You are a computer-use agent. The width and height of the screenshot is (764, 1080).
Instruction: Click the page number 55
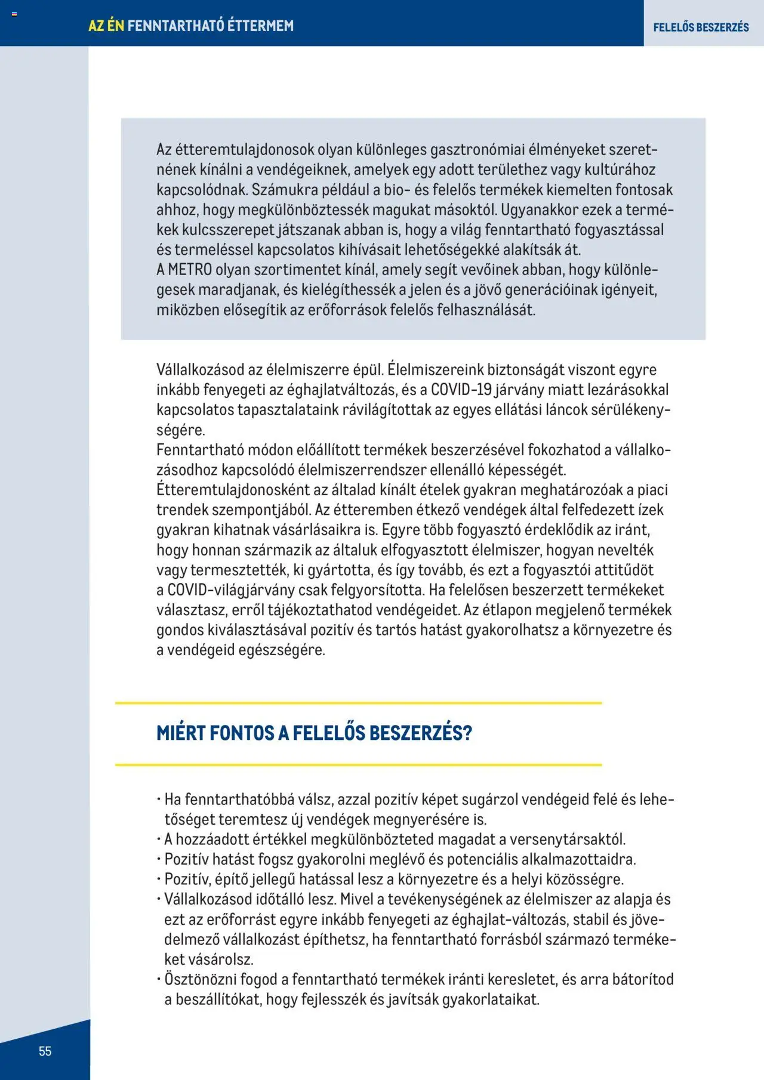pyautogui.click(x=45, y=1051)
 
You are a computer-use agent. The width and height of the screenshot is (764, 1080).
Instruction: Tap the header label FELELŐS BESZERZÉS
pyautogui.click(x=701, y=27)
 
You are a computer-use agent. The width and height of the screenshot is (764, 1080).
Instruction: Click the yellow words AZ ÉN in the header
pyautogui.click(x=106, y=26)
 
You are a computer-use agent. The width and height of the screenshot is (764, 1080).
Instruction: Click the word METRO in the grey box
pyautogui.click(x=190, y=270)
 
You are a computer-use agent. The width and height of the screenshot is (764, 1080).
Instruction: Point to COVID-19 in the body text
pyautogui.click(x=461, y=390)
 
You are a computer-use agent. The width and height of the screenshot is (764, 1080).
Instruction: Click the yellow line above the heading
pyautogui.click(x=358, y=703)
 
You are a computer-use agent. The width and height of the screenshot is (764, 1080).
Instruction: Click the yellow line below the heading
pyautogui.click(x=358, y=764)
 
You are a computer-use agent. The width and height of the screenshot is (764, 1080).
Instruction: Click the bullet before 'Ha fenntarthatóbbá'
pyautogui.click(x=159, y=800)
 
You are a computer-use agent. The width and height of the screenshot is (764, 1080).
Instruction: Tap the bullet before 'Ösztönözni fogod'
pyautogui.click(x=159, y=979)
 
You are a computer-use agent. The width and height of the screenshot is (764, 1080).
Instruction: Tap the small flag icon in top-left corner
pyautogui.click(x=14, y=14)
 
